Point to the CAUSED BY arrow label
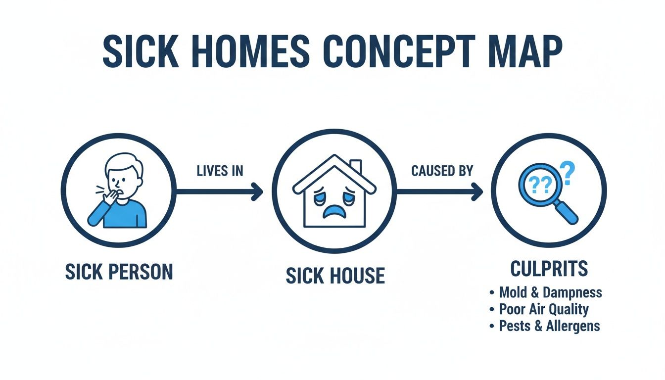tap(442, 171)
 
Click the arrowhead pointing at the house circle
tap(257, 191)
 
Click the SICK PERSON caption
tap(119, 272)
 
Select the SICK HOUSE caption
tap(335, 276)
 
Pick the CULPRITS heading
tap(548, 269)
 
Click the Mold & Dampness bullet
tap(550, 292)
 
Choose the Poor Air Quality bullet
tap(543, 309)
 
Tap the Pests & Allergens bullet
tap(549, 326)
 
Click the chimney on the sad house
tap(355, 167)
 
